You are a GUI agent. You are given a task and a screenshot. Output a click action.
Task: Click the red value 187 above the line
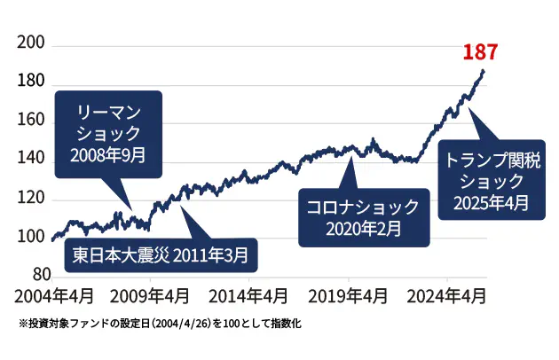pos(480,51)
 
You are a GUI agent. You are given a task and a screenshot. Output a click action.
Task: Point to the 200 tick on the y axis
pos(31,45)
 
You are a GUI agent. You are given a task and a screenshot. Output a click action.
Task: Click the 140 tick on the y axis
pos(31,160)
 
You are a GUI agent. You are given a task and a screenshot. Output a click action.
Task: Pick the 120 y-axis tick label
pos(31,199)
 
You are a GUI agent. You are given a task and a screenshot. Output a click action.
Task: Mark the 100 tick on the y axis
pos(31,237)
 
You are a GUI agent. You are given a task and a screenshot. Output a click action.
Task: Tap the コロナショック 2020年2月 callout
pos(363,217)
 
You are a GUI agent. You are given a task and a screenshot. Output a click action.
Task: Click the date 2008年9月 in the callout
pos(108,154)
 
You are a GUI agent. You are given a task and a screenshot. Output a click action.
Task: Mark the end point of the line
pos(484,70)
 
